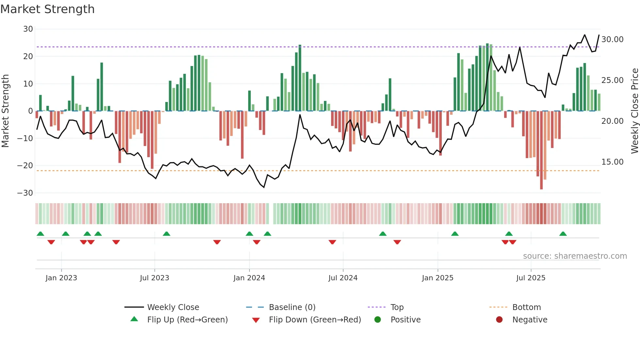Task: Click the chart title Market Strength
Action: [47, 9]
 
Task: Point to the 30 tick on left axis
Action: [28, 29]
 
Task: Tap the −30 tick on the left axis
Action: [25, 193]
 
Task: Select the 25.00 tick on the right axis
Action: [612, 80]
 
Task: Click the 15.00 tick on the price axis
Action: [612, 162]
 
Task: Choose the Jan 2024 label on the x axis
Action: [249, 278]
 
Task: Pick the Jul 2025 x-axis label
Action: [531, 278]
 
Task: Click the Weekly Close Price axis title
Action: [634, 111]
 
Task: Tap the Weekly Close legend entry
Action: [173, 307]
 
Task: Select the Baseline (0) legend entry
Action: [292, 307]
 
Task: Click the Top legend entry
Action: [397, 307]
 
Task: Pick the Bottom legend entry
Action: [526, 307]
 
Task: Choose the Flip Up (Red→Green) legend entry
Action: [187, 320]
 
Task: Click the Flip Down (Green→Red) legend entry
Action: [315, 320]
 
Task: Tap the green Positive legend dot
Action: [378, 320]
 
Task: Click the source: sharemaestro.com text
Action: [575, 256]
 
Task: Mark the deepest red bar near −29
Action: [541, 150]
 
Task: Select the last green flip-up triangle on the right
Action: [563, 234]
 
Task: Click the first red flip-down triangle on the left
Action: [51, 242]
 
